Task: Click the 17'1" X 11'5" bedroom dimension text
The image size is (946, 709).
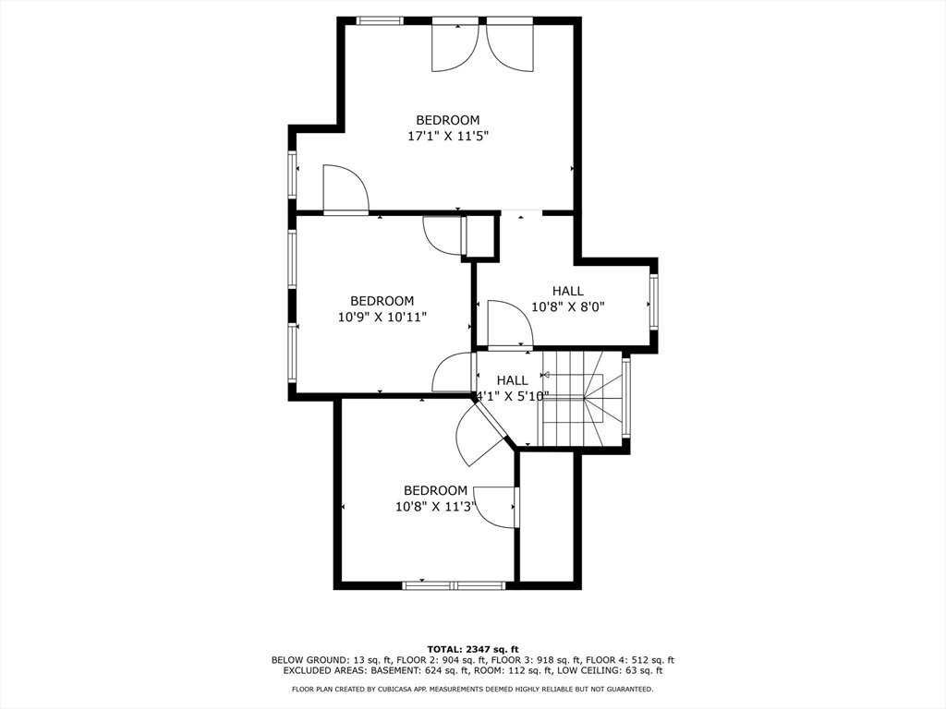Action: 448,136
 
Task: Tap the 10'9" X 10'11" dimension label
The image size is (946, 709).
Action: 382,317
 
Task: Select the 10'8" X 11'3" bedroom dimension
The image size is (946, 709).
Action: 436,507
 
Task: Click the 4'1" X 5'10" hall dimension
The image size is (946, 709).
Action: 513,396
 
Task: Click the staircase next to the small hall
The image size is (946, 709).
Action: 582,400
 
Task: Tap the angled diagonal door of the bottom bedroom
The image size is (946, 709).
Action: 482,436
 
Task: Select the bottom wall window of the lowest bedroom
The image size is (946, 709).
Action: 454,584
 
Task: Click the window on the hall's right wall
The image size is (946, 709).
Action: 653,301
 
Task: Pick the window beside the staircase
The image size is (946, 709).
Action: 626,397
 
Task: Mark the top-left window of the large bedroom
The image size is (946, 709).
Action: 380,20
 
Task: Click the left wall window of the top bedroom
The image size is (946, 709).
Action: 292,174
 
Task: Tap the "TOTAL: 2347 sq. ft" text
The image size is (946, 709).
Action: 473,649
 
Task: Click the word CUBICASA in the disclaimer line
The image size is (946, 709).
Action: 398,689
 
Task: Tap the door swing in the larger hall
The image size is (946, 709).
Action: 510,325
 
